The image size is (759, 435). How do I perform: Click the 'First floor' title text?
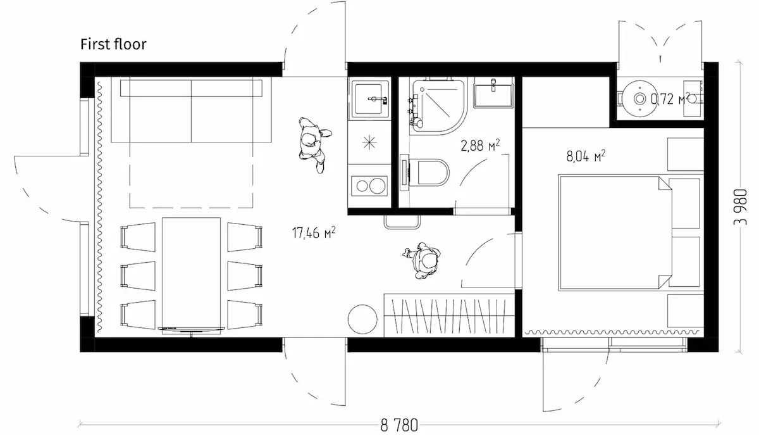(x=113, y=44)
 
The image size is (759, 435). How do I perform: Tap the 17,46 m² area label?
(x=314, y=233)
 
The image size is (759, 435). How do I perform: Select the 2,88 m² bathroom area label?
(x=480, y=146)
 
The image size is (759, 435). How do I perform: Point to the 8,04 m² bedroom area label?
(x=586, y=156)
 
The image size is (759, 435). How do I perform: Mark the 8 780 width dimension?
(x=399, y=425)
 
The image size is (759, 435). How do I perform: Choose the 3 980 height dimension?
(x=741, y=207)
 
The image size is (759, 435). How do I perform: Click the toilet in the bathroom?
(x=425, y=172)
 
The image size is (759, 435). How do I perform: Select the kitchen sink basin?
(x=369, y=98)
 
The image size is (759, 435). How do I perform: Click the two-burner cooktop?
(x=369, y=186)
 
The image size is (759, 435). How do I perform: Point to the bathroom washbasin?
(x=493, y=95)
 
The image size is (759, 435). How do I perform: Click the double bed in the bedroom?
(x=615, y=233)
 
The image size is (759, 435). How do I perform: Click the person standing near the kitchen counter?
(x=314, y=144)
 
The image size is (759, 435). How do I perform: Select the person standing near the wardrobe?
(x=423, y=260)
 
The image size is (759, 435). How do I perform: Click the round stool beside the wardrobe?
(x=362, y=319)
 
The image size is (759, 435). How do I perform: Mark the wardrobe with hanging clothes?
(x=450, y=315)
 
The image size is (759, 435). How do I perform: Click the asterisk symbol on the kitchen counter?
(x=369, y=142)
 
